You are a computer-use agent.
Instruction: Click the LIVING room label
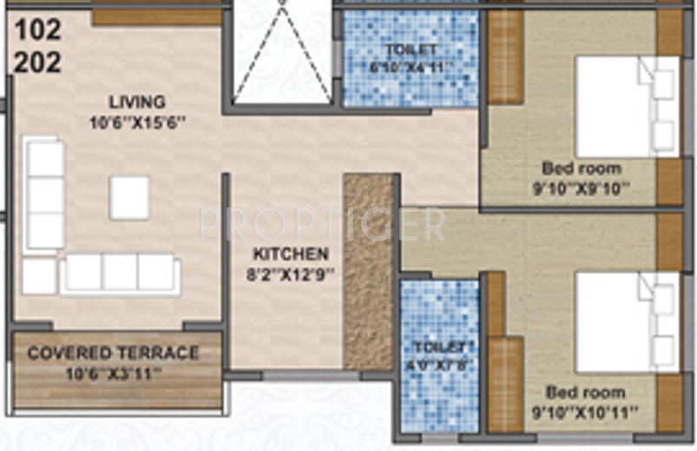(137, 102)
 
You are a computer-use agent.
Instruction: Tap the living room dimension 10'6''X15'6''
(138, 123)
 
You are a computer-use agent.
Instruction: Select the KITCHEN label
(291, 255)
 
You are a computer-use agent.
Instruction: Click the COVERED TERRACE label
(114, 354)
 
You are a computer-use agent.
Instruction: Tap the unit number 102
(38, 30)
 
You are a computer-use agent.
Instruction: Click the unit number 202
(38, 63)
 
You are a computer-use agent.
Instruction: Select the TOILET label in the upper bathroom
(411, 50)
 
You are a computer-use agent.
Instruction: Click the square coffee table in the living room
(129, 198)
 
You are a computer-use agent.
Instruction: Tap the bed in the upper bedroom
(627, 107)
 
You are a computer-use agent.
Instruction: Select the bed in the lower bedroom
(627, 322)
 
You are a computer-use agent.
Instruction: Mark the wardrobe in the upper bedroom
(505, 57)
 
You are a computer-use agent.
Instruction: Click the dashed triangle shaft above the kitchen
(281, 52)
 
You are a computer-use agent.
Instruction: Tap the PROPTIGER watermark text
(323, 224)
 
